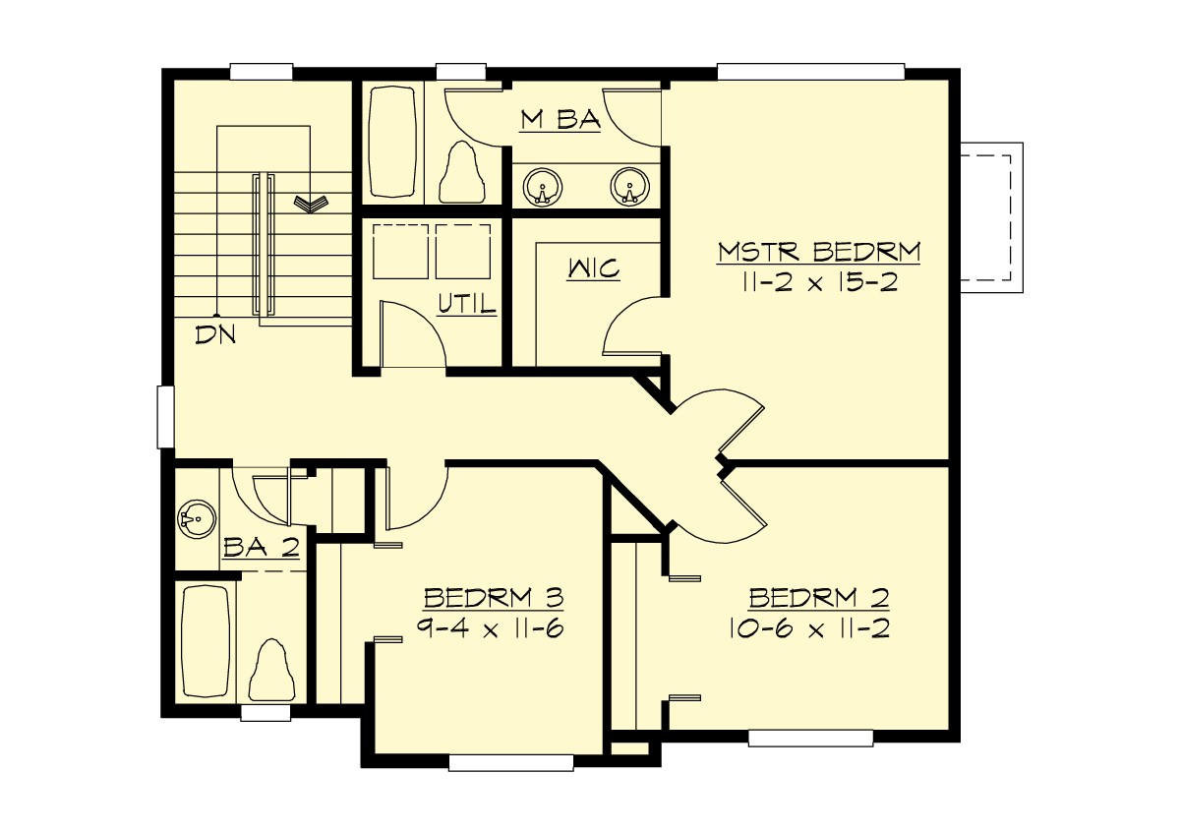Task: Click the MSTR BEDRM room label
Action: click(818, 252)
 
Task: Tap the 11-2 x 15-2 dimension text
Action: click(818, 283)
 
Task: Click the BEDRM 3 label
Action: click(493, 598)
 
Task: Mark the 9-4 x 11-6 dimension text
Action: click(489, 629)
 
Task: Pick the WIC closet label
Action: click(594, 268)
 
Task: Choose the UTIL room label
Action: click(467, 306)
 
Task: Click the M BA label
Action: click(560, 120)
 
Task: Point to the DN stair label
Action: click(216, 334)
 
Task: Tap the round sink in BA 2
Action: click(196, 518)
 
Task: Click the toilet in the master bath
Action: click(462, 172)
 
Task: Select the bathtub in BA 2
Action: click(206, 641)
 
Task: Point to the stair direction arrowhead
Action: click(312, 204)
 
